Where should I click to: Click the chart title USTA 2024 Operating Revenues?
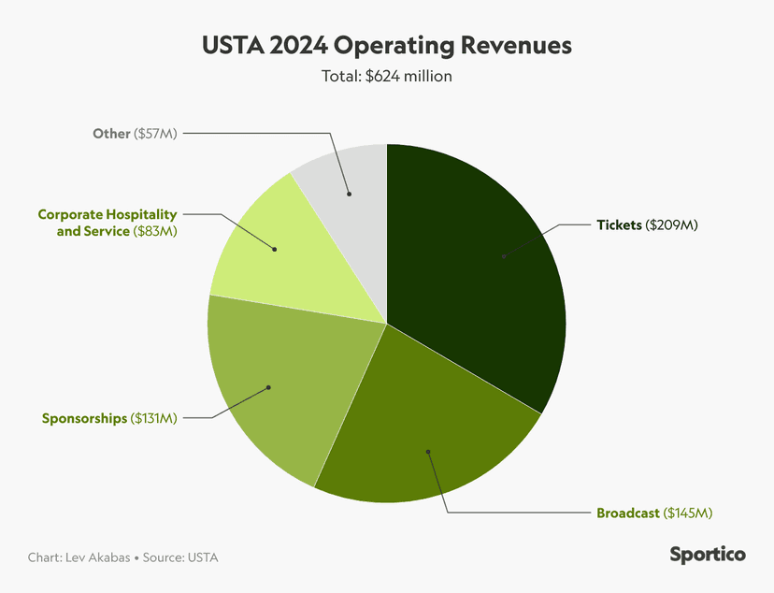[386, 45]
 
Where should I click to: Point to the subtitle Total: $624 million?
[386, 76]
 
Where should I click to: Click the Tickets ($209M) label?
[648, 225]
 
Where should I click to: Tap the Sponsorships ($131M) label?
[109, 418]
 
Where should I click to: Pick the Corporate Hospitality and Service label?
[107, 223]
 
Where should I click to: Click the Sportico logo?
[708, 555]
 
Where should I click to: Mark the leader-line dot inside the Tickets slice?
[503, 255]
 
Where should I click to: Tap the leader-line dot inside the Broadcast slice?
[428, 452]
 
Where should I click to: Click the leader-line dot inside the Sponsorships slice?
[268, 387]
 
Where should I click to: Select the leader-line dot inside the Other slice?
[349, 195]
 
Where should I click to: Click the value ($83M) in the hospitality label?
[155, 230]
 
